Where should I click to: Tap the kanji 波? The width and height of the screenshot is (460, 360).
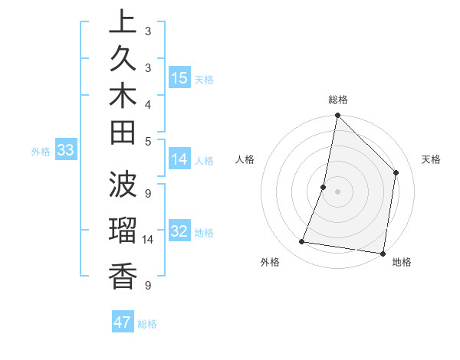(123, 185)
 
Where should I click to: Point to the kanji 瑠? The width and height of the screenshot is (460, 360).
(123, 231)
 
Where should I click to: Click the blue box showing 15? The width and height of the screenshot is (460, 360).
(179, 77)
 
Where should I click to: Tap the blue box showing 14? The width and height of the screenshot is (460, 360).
(179, 159)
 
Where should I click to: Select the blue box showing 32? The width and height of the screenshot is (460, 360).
(179, 231)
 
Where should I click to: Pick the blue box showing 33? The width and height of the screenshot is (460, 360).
(65, 151)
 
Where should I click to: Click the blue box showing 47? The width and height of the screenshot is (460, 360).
(123, 322)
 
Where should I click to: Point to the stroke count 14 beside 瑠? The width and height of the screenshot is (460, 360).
(148, 240)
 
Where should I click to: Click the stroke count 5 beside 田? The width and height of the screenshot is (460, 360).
(148, 141)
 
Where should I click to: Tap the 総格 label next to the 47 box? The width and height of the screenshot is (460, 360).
(147, 324)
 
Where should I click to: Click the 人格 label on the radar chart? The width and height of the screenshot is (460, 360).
(245, 159)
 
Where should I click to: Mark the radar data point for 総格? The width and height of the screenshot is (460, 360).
(337, 116)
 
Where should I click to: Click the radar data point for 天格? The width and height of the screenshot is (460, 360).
(396, 172)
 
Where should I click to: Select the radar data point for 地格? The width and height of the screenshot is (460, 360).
(383, 253)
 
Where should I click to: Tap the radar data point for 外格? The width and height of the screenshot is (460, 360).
(302, 242)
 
